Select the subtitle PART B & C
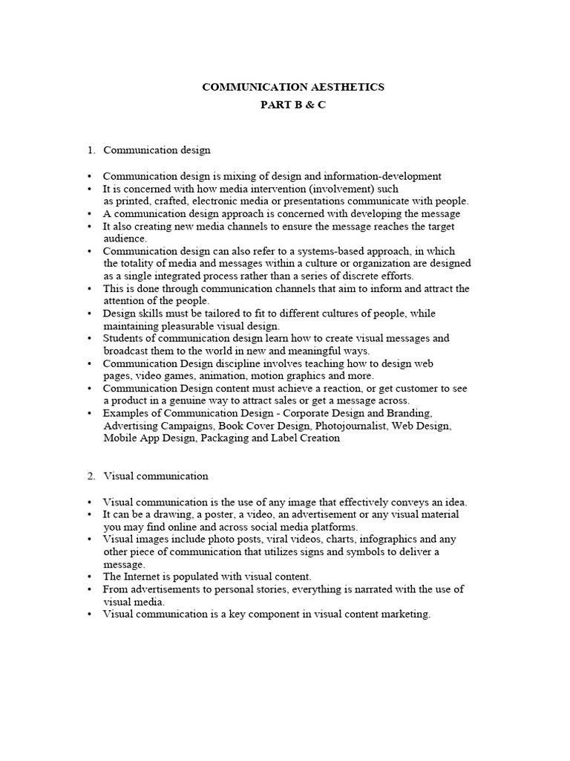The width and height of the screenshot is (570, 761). pos(292,105)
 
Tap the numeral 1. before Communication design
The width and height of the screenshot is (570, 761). pos(91,150)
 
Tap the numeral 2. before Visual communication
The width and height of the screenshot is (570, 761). pos(91,476)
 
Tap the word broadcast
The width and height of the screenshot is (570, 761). pos(127,351)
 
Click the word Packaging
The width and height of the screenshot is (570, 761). pos(223,438)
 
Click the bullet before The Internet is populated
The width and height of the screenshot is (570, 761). pos(91,577)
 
